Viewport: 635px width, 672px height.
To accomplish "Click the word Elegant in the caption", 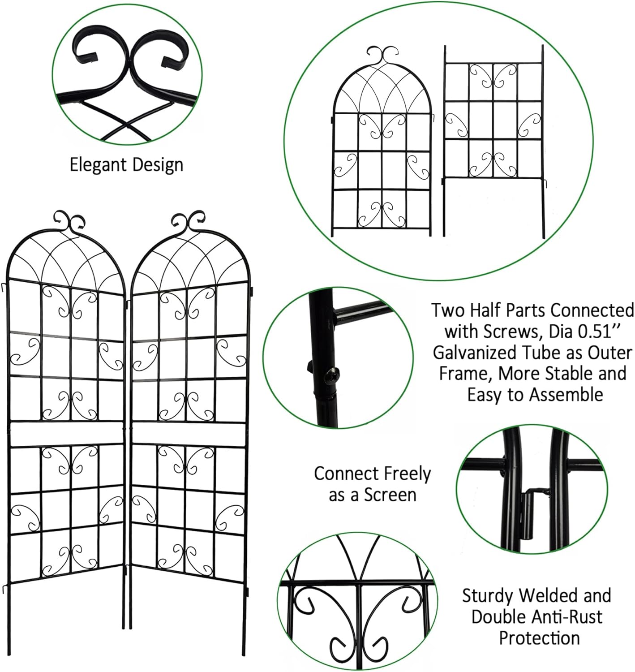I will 96,164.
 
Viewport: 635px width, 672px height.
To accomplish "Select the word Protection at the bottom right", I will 539,638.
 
